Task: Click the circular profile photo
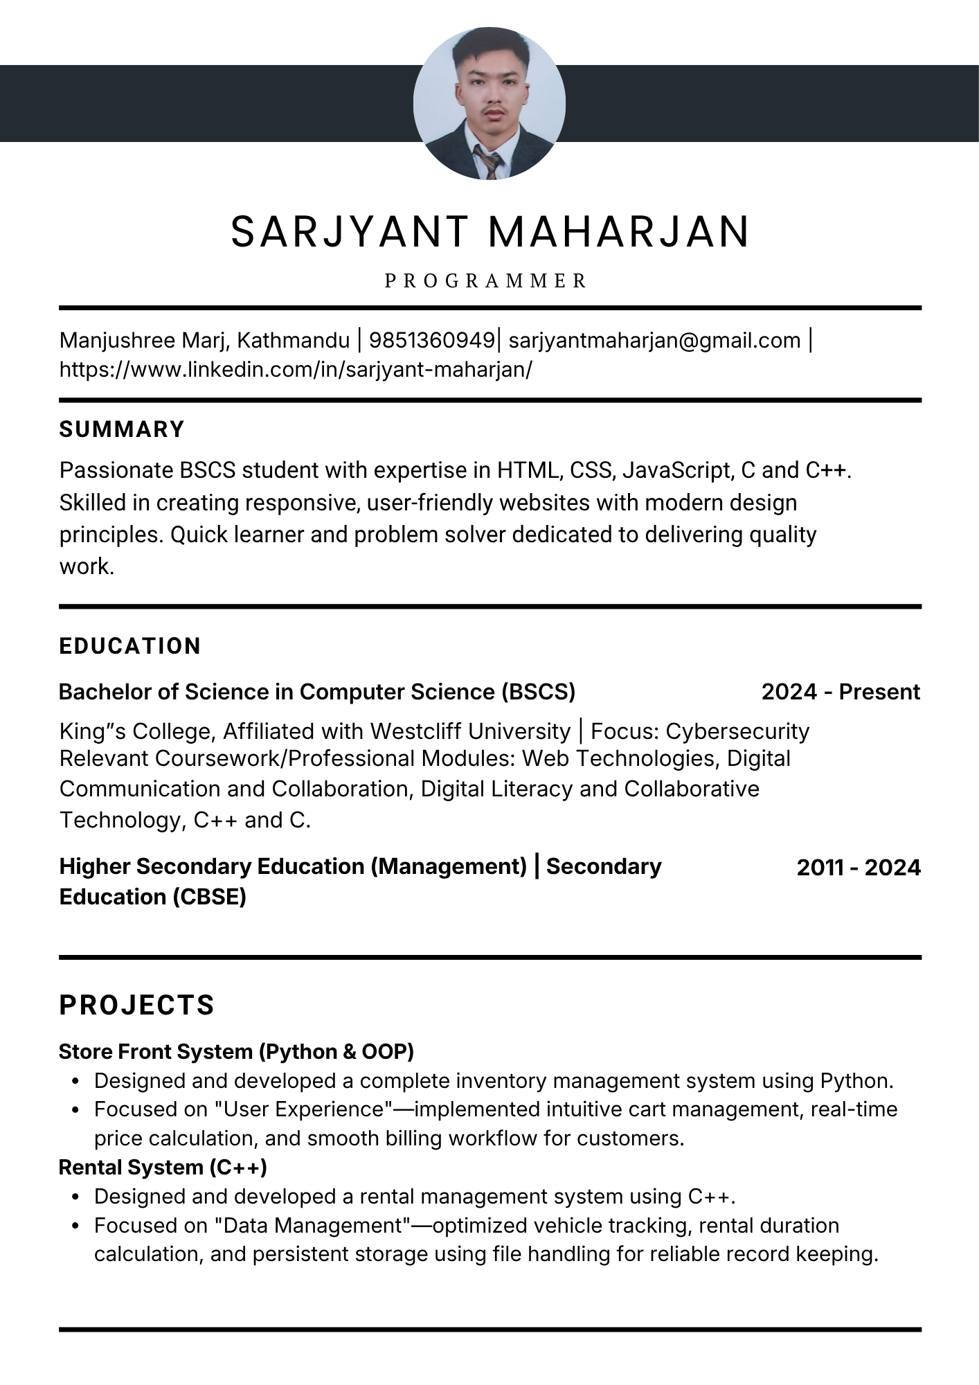(x=489, y=103)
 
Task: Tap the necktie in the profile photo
(x=489, y=163)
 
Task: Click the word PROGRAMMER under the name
(x=486, y=281)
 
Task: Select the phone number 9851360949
(x=431, y=341)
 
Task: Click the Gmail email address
(x=654, y=341)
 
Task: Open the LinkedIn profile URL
(x=296, y=370)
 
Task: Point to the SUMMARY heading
(x=122, y=429)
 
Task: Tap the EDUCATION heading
(x=130, y=646)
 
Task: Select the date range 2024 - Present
(x=841, y=692)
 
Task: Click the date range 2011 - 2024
(x=859, y=868)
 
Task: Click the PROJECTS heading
(x=137, y=1006)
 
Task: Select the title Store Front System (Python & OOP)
(x=236, y=1052)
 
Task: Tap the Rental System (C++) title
(x=163, y=1168)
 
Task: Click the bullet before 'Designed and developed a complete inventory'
(x=76, y=1082)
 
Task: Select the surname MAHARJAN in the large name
(x=619, y=231)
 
